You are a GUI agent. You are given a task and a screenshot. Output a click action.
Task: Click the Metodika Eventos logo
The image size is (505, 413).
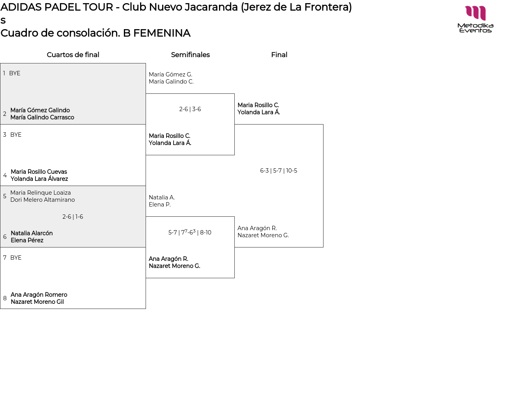tap(475, 19)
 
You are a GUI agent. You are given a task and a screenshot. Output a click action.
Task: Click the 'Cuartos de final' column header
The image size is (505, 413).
tap(73, 55)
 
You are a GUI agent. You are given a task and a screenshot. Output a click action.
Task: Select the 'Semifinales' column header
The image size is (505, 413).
tap(190, 55)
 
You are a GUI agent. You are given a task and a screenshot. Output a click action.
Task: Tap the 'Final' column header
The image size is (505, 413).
tap(279, 55)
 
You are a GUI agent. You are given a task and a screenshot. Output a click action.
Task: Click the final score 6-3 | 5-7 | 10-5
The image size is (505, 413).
tap(279, 171)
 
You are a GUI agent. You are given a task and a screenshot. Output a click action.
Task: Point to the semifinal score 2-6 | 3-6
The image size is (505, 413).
tap(190, 109)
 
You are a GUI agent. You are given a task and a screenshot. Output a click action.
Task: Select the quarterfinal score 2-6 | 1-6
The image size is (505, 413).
tap(73, 217)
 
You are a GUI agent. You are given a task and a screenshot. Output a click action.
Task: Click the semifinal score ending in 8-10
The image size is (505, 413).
tap(190, 233)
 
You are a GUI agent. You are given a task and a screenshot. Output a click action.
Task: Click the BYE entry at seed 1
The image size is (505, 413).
tap(15, 73)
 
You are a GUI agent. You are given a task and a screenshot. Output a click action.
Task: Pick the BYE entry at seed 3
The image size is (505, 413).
tap(16, 135)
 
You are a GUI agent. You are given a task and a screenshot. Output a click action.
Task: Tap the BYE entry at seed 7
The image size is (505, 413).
tap(16, 258)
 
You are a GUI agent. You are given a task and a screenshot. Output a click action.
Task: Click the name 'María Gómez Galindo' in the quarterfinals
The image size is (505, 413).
tap(40, 110)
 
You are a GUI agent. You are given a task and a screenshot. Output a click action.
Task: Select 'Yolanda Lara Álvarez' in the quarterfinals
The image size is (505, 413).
tap(39, 179)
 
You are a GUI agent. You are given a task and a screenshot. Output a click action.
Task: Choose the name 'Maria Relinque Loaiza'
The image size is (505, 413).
tap(41, 193)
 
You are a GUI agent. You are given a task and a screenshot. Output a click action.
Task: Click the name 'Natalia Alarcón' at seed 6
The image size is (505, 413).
tap(32, 233)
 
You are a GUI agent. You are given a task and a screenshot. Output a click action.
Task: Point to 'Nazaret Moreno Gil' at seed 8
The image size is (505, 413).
tap(37, 302)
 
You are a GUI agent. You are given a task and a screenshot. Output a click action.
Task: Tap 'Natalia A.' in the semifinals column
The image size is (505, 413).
tap(162, 197)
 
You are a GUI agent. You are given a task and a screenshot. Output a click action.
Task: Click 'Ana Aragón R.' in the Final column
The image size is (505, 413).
tap(257, 228)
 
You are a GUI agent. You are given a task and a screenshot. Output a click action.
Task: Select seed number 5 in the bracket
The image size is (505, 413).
tap(5, 196)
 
